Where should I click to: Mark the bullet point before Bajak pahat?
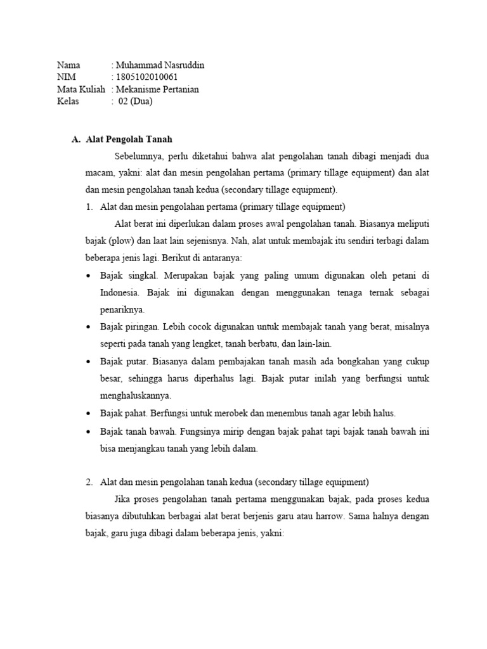88,413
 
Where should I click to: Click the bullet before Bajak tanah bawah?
88,432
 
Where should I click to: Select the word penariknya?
122,310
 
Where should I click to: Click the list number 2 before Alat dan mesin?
89,482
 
